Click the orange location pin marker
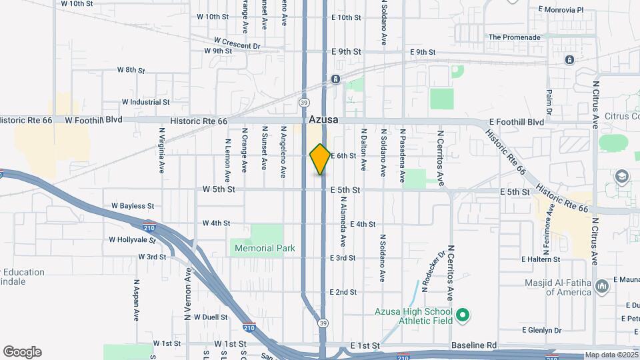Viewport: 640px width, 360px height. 320,159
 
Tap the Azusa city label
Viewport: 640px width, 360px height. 324,120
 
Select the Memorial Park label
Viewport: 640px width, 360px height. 264,248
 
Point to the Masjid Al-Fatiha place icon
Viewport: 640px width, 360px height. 603,286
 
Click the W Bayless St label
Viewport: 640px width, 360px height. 133,206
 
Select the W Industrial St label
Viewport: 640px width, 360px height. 146,102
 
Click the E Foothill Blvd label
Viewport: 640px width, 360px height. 516,122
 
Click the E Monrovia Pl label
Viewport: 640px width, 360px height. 560,10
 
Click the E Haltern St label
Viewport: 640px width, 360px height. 541,259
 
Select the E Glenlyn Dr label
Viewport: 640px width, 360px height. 542,330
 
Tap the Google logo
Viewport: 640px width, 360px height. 22,352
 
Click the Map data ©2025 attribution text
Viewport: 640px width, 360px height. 611,355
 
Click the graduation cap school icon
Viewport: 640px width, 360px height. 622,177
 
